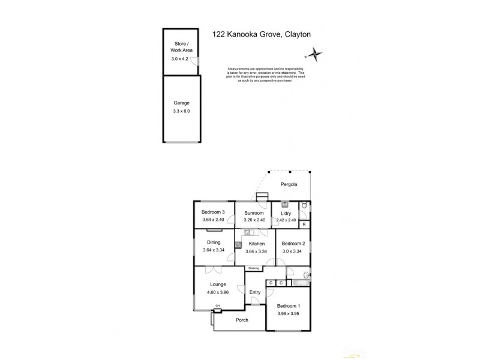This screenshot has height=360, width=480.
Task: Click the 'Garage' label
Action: [x=181, y=103]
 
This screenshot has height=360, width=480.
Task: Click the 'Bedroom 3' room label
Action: [x=213, y=212]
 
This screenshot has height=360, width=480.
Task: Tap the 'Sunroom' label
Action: [x=254, y=212]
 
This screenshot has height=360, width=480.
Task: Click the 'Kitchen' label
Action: [x=257, y=244]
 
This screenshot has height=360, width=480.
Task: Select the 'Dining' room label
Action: [x=214, y=242]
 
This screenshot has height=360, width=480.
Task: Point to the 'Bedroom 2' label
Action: [x=294, y=244]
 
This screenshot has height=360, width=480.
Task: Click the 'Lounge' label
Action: [x=217, y=285]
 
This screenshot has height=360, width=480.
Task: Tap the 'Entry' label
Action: [x=255, y=293]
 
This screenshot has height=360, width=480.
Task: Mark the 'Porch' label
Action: [x=242, y=320]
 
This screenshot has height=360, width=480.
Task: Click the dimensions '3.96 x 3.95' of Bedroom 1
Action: [x=290, y=314]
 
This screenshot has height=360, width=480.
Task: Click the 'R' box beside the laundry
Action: [x=304, y=224]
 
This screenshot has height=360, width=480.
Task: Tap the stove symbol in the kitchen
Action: [x=238, y=245]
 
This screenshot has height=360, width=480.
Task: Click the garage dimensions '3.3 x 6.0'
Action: [x=181, y=111]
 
